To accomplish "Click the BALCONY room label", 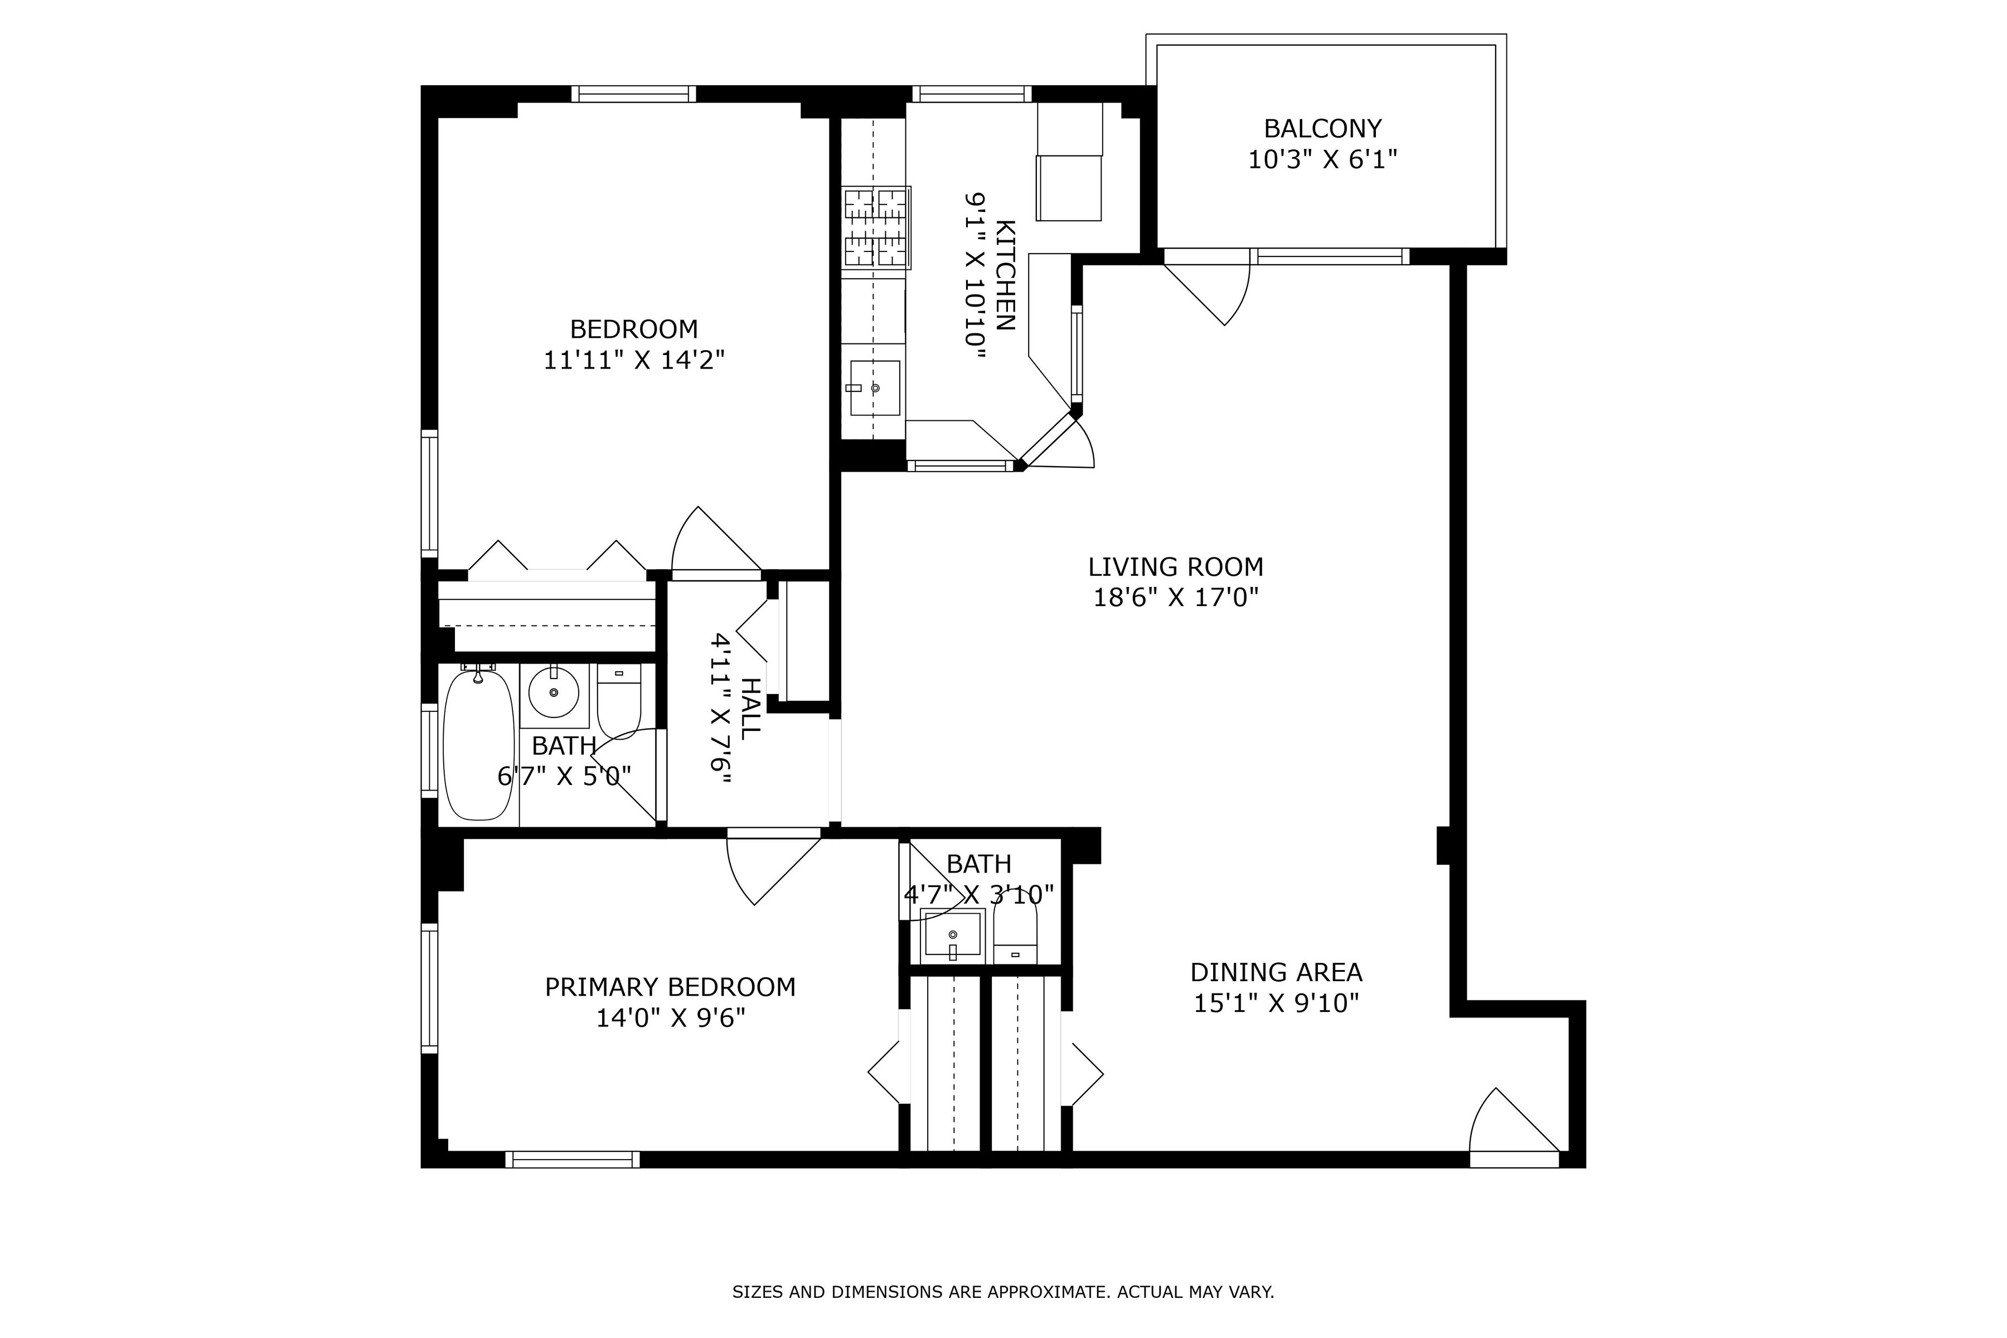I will [1322, 128].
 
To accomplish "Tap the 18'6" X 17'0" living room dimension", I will [1176, 597].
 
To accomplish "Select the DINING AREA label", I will [1276, 972].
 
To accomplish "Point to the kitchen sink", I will [875, 387].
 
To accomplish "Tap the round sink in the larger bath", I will [554, 692].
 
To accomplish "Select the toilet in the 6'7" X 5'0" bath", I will [619, 700].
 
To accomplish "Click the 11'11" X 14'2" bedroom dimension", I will [634, 360].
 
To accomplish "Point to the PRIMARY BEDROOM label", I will [670, 987].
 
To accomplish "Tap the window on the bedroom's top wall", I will [633, 94].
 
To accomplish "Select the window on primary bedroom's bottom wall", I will [572, 1159].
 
